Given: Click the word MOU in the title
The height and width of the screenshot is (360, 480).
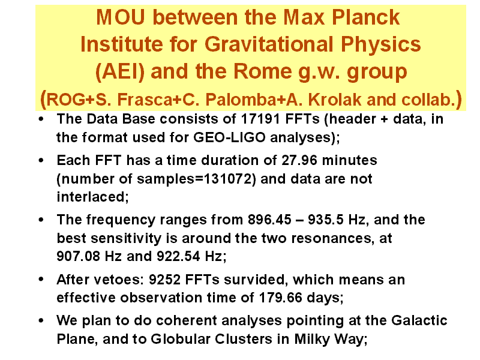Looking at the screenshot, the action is (121, 17).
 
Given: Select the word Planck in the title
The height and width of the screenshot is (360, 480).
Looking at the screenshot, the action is (366, 17).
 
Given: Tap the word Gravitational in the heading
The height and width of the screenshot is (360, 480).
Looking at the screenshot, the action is (269, 44).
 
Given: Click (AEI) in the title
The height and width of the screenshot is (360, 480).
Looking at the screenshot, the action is (119, 71).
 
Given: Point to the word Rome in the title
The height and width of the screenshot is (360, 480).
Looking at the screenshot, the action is (262, 71).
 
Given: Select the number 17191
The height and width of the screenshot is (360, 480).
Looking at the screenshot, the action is (260, 119).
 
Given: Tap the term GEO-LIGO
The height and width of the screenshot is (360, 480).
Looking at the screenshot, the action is (229, 137).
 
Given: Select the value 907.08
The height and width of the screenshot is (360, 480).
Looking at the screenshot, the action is (78, 256).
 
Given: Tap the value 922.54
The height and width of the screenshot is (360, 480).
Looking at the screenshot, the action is (178, 256).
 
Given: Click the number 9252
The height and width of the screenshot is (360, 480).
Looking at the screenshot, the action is (164, 280).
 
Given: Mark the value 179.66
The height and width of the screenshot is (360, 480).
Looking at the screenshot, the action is (280, 298).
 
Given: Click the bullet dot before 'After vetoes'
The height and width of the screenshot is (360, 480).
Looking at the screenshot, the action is (41, 279).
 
